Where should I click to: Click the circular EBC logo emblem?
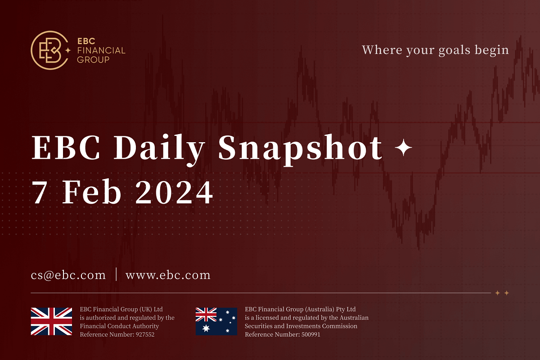[x=49, y=50]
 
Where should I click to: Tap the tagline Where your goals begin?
[x=435, y=50]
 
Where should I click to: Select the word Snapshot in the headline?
[x=301, y=148]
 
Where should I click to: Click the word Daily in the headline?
[x=160, y=148]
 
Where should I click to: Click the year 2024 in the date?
[x=174, y=193]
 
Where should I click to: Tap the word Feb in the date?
[x=92, y=193]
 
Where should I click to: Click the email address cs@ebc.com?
[x=68, y=275]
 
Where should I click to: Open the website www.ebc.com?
[x=168, y=275]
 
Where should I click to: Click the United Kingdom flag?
[x=51, y=321]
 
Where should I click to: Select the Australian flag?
[x=216, y=321]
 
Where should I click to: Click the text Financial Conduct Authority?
[x=119, y=326]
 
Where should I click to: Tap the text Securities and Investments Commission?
[x=301, y=326]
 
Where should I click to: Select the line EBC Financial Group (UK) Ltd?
[x=121, y=309]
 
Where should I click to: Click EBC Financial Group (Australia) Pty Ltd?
[x=300, y=309]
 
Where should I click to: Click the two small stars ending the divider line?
[x=502, y=293]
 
